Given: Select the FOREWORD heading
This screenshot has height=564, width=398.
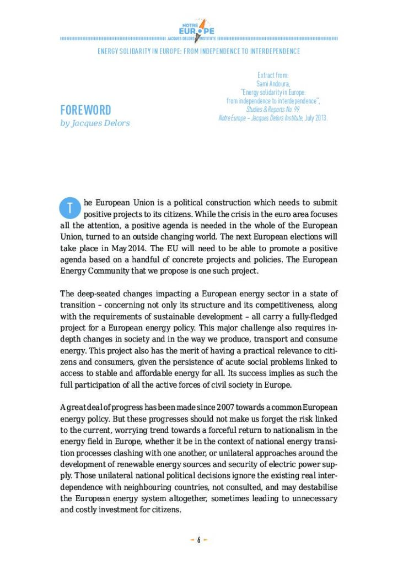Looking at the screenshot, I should tap(85, 110).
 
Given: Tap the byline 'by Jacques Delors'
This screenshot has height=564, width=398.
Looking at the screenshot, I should tap(95, 123).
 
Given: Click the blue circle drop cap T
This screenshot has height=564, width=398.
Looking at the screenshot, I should tap(69, 208).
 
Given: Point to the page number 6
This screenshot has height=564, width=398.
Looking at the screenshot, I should tap(198, 540).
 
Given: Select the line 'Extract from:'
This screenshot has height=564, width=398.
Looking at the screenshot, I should tap(273, 75).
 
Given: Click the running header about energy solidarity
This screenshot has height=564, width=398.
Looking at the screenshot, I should tap(198, 51).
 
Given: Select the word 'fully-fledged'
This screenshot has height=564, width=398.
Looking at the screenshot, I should tap(313, 316).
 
